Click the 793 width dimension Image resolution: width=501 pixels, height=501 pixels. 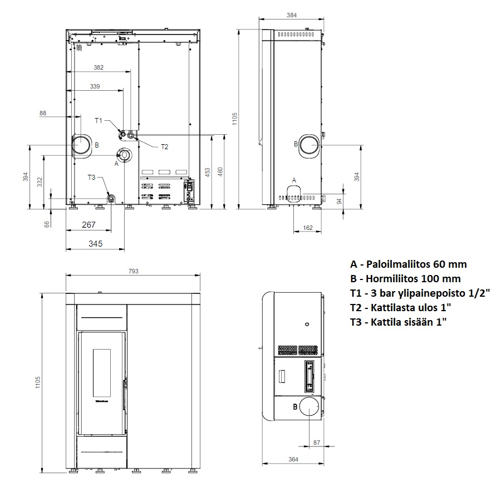click(133, 271)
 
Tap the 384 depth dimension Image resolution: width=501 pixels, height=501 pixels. click(292, 15)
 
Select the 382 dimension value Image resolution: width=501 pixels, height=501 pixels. click(99, 67)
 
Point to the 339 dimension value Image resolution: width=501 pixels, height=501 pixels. click(95, 86)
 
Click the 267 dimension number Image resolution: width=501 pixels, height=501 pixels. click(89, 225)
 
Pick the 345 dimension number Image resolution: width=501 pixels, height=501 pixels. click(96, 244)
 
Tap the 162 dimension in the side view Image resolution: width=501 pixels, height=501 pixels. click(308, 228)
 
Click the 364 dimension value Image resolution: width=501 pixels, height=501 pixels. click(293, 459)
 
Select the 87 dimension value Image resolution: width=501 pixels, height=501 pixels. click(317, 443)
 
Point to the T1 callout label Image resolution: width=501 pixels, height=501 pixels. click(99, 120)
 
